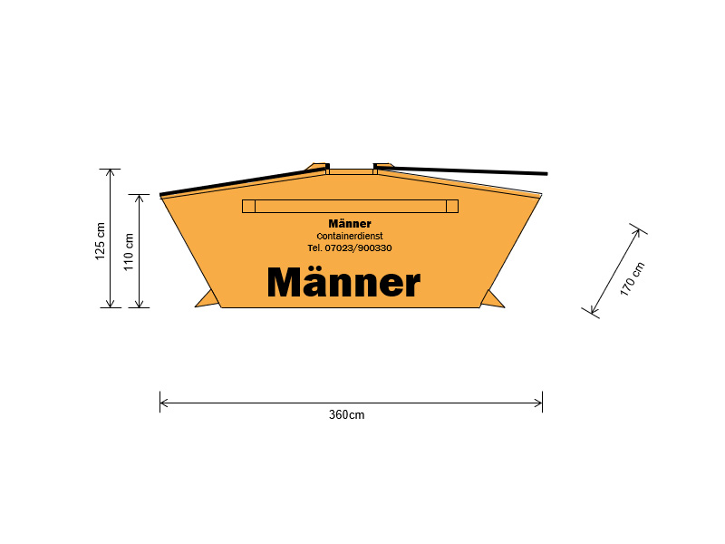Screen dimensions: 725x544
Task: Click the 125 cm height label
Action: coord(101,241)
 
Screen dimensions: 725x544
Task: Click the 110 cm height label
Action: coord(129,252)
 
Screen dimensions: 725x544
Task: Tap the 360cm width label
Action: coord(346,415)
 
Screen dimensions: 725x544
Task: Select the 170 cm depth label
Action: coord(632,279)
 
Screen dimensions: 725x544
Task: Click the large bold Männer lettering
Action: coord(344,281)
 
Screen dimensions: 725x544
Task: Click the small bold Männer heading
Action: coord(350,224)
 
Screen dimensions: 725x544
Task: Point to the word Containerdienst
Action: coord(350,236)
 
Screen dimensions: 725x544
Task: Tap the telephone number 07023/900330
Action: coord(358,248)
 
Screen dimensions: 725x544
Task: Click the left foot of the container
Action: coord(208,299)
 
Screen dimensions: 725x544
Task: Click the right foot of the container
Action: coord(492,300)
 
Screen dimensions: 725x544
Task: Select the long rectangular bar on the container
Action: coord(350,207)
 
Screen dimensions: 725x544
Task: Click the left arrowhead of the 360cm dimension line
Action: coord(163,403)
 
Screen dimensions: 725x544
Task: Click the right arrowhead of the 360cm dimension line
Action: coord(538,403)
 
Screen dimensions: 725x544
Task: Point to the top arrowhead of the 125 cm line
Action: coord(110,172)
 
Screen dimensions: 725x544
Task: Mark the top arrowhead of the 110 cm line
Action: coord(140,198)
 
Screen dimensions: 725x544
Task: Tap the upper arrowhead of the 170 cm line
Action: coord(637,232)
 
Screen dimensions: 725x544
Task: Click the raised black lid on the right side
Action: coord(460,170)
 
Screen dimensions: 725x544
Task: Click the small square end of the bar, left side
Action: coord(248,207)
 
